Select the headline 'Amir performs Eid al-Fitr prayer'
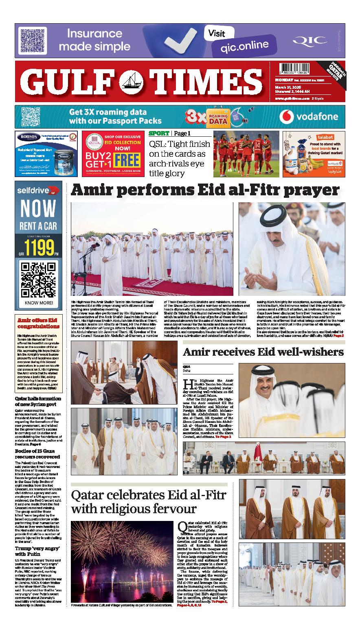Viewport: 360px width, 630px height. tap(205, 190)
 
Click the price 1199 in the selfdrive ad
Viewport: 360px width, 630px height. tap(39, 247)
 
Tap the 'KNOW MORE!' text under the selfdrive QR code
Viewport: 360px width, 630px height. tap(39, 303)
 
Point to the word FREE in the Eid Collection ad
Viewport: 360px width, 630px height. tap(127, 160)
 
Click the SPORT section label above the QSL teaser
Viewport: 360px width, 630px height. tap(159, 133)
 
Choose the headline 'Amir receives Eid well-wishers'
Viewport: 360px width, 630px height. tap(263, 352)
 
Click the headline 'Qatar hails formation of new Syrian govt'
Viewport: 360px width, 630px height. tap(38, 401)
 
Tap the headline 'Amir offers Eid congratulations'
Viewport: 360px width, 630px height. tap(38, 323)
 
